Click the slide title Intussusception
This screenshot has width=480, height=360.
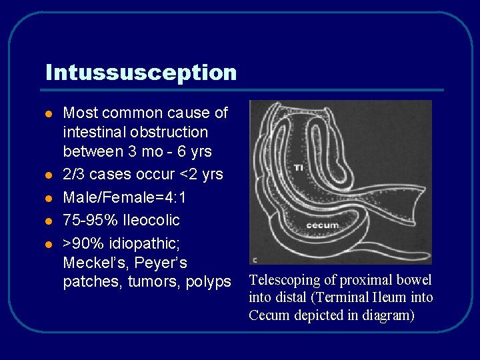[141, 72]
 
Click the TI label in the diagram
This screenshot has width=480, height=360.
[298, 168]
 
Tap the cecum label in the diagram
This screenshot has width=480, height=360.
[322, 225]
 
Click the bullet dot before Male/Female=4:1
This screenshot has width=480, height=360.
[48, 198]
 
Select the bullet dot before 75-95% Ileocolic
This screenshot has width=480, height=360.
[48, 221]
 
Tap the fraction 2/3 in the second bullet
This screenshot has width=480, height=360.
[73, 175]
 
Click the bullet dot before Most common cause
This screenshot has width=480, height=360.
[48, 114]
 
